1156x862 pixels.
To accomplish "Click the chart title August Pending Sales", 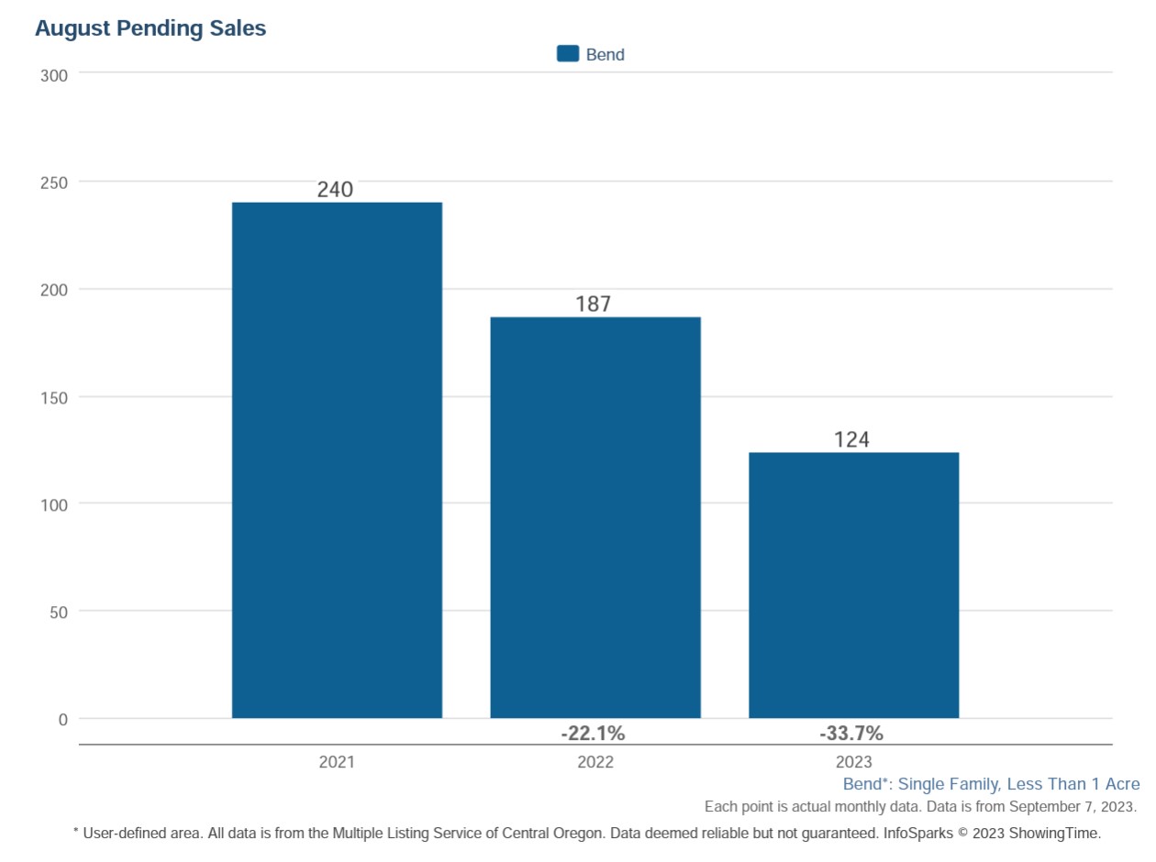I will tap(150, 28).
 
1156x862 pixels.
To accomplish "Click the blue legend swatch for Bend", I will tap(568, 54).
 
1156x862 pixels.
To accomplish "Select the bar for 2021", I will tap(337, 459).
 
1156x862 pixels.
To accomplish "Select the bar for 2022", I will tap(595, 517).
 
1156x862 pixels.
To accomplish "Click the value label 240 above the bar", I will tap(335, 190).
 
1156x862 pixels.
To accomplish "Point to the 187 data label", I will tap(593, 304).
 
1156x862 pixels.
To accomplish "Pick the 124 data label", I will tap(851, 440).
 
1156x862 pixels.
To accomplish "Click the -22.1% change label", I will tap(593, 734).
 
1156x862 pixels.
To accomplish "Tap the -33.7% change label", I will tap(851, 734).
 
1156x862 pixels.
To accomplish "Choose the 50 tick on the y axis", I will tap(59, 612).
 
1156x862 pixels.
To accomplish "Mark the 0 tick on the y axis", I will tap(63, 720).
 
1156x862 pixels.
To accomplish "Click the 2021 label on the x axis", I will tap(337, 762).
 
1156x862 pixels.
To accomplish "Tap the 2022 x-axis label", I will tap(595, 762).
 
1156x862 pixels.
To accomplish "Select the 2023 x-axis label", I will tap(853, 762).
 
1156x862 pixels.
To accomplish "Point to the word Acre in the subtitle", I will tap(1120, 784).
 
